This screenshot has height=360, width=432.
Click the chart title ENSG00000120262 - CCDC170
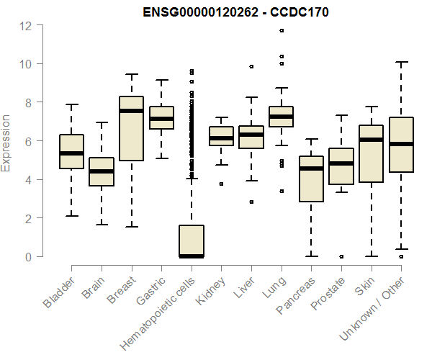pyautogui.click(x=235, y=12)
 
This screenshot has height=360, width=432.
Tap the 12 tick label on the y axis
pyautogui.click(x=26, y=26)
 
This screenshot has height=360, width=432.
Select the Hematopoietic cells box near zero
pyautogui.click(x=192, y=241)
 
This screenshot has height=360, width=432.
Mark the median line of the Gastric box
pyautogui.click(x=161, y=118)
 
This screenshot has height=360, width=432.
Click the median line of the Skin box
pyautogui.click(x=371, y=140)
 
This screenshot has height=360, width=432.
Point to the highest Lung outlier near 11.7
pyautogui.click(x=282, y=30)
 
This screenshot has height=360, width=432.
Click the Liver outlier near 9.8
pyautogui.click(x=251, y=66)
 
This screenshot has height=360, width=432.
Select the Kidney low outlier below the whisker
pyautogui.click(x=221, y=184)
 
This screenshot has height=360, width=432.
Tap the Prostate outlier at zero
pyautogui.click(x=341, y=256)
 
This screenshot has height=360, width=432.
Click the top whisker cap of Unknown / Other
pyautogui.click(x=401, y=63)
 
